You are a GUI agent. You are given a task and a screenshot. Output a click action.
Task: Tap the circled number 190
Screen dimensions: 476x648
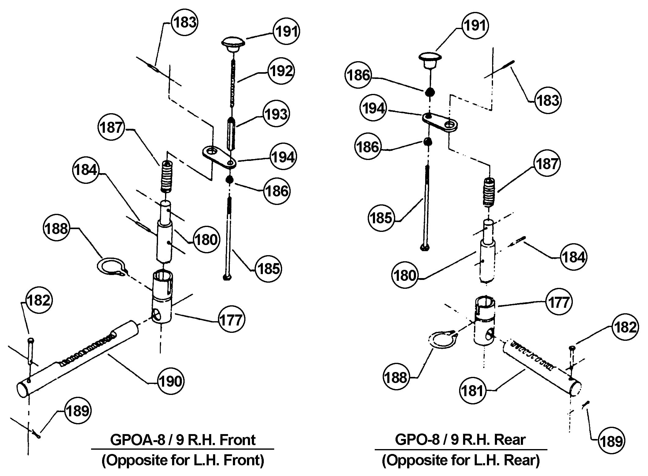[x=171, y=381]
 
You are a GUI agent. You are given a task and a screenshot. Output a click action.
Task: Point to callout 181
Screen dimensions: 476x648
[x=473, y=391]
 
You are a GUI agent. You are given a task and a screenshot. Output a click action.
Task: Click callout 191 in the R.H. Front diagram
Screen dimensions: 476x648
[x=286, y=32]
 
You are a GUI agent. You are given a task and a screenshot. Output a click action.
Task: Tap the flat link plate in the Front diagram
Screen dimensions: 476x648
[x=219, y=157]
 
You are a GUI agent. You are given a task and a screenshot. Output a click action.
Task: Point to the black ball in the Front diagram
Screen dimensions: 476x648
[x=230, y=180]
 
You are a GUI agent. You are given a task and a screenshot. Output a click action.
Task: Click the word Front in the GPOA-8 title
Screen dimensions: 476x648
[x=237, y=440]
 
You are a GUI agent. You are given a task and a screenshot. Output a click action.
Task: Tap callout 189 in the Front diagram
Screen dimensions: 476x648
[x=78, y=411]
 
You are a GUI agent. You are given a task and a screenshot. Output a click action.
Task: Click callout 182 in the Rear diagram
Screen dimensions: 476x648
[x=625, y=327]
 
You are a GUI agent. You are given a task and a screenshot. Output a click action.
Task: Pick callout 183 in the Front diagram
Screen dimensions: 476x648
[x=185, y=23]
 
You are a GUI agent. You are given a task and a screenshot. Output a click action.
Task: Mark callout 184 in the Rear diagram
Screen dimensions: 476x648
[x=573, y=257]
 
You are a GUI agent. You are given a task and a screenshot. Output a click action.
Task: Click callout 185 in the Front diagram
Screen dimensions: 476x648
[x=268, y=269]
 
